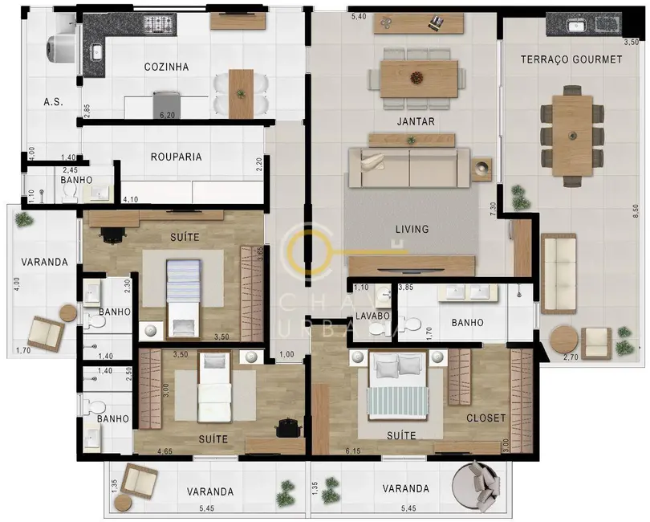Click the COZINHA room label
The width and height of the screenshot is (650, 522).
(x=166, y=67)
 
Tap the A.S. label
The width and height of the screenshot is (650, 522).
(x=53, y=102)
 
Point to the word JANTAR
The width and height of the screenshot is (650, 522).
(x=415, y=121)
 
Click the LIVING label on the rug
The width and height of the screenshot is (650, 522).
(x=411, y=229)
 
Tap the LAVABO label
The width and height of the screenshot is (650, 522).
(x=372, y=316)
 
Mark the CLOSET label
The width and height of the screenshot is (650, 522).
(x=486, y=418)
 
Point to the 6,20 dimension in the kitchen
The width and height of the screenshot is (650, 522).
(x=168, y=116)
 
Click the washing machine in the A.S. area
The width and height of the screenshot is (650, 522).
(x=61, y=48)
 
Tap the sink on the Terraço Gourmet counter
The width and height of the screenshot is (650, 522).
(x=576, y=26)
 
